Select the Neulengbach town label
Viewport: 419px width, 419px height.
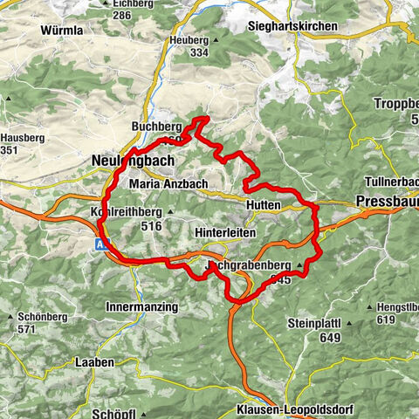click(x=133, y=161)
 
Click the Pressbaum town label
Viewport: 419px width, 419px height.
click(x=387, y=202)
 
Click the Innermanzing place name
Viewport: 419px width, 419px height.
click(x=141, y=307)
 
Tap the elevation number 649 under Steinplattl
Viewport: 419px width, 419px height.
click(x=329, y=337)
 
